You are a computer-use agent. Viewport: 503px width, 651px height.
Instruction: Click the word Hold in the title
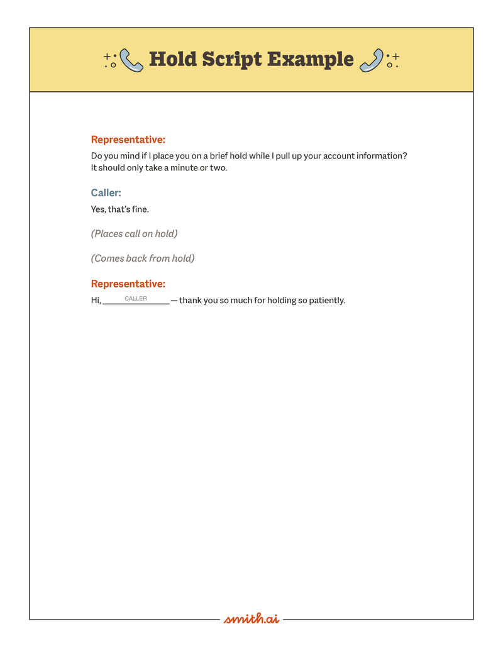(x=172, y=59)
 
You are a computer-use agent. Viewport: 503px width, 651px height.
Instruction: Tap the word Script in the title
(x=231, y=59)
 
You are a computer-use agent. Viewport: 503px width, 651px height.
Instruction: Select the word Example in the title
(x=311, y=59)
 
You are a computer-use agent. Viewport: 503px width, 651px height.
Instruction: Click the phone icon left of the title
(x=131, y=60)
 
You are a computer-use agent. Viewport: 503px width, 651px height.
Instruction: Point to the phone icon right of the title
(x=372, y=60)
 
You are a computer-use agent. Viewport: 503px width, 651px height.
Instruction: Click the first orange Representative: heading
(x=128, y=140)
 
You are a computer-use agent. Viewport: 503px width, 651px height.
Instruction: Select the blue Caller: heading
(x=106, y=193)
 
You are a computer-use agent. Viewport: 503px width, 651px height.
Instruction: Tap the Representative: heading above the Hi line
(x=128, y=284)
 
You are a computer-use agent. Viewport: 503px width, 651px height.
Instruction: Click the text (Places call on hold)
(x=135, y=234)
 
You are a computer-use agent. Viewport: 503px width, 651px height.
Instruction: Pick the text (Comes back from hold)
(x=143, y=259)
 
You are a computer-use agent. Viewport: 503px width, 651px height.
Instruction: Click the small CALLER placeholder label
(x=136, y=299)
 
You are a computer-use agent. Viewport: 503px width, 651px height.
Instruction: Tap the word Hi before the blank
(x=96, y=301)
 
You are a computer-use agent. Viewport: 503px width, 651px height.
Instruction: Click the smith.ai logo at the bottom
(x=251, y=619)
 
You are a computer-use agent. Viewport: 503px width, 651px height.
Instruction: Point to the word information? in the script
(x=382, y=156)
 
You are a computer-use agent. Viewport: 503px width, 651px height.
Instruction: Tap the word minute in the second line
(x=184, y=168)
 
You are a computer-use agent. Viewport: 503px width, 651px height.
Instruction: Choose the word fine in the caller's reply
(x=140, y=209)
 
